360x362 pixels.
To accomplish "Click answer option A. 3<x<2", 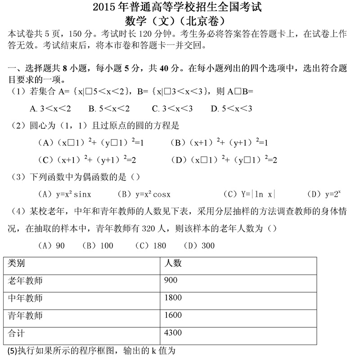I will [x=50, y=109].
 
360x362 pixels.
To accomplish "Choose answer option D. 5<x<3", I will [x=231, y=109].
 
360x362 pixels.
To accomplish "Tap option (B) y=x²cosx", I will [x=144, y=195].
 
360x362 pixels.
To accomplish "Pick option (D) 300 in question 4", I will [x=196, y=245].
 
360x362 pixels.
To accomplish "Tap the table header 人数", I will [x=173, y=263].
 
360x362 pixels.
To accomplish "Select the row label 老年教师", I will [x=25, y=281].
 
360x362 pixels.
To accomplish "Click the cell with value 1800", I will [x=173, y=298].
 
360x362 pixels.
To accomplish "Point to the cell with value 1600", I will [x=173, y=315].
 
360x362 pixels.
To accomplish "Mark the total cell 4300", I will [x=173, y=333].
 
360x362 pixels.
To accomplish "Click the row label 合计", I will [x=17, y=333].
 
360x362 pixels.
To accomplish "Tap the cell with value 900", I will [x=171, y=281].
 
